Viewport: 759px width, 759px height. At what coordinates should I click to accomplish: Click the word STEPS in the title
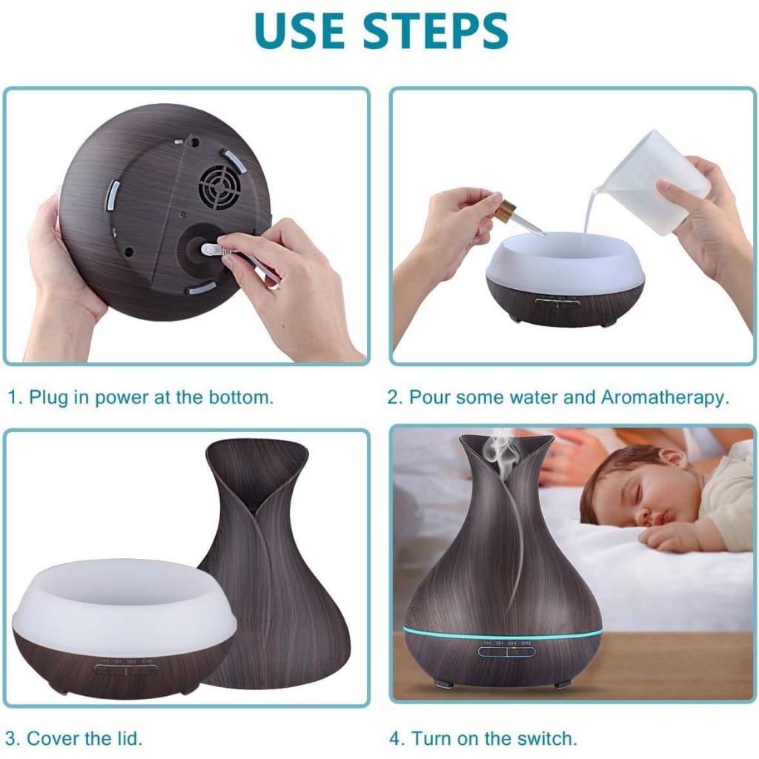[435, 31]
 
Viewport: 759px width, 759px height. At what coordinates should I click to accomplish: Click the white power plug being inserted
[216, 250]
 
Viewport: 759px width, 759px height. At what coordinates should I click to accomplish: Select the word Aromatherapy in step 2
[665, 398]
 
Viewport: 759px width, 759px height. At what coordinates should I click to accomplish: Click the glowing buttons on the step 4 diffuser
[507, 652]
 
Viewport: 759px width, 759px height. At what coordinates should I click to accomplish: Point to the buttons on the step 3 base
[126, 669]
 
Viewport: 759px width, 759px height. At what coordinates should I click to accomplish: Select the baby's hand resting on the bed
[677, 537]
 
